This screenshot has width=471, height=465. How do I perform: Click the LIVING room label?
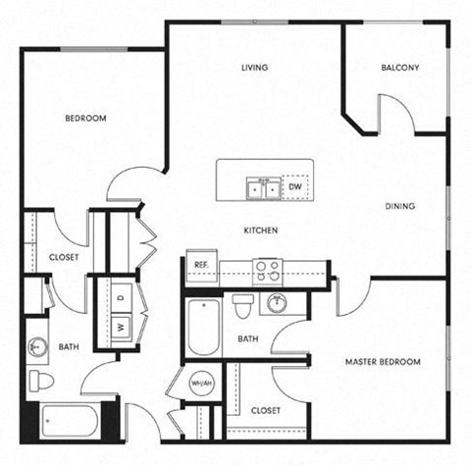[x=255, y=68]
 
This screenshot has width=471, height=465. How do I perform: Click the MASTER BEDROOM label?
[x=382, y=362]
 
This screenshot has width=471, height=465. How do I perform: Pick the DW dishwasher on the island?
[x=294, y=186]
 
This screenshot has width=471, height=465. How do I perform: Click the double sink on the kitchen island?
[x=262, y=186]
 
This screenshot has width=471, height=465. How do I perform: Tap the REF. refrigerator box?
[x=200, y=265]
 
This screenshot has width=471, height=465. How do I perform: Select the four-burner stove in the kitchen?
[x=267, y=269]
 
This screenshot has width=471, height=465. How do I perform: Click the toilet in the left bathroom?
[x=41, y=380]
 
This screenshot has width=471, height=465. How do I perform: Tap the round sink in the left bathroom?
[x=40, y=345]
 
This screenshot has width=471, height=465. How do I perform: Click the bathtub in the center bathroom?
[x=202, y=327]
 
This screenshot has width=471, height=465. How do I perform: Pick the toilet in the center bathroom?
[x=243, y=307]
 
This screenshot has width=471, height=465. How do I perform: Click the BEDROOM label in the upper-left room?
[x=85, y=119]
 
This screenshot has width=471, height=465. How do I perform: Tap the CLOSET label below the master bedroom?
[x=265, y=410]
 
